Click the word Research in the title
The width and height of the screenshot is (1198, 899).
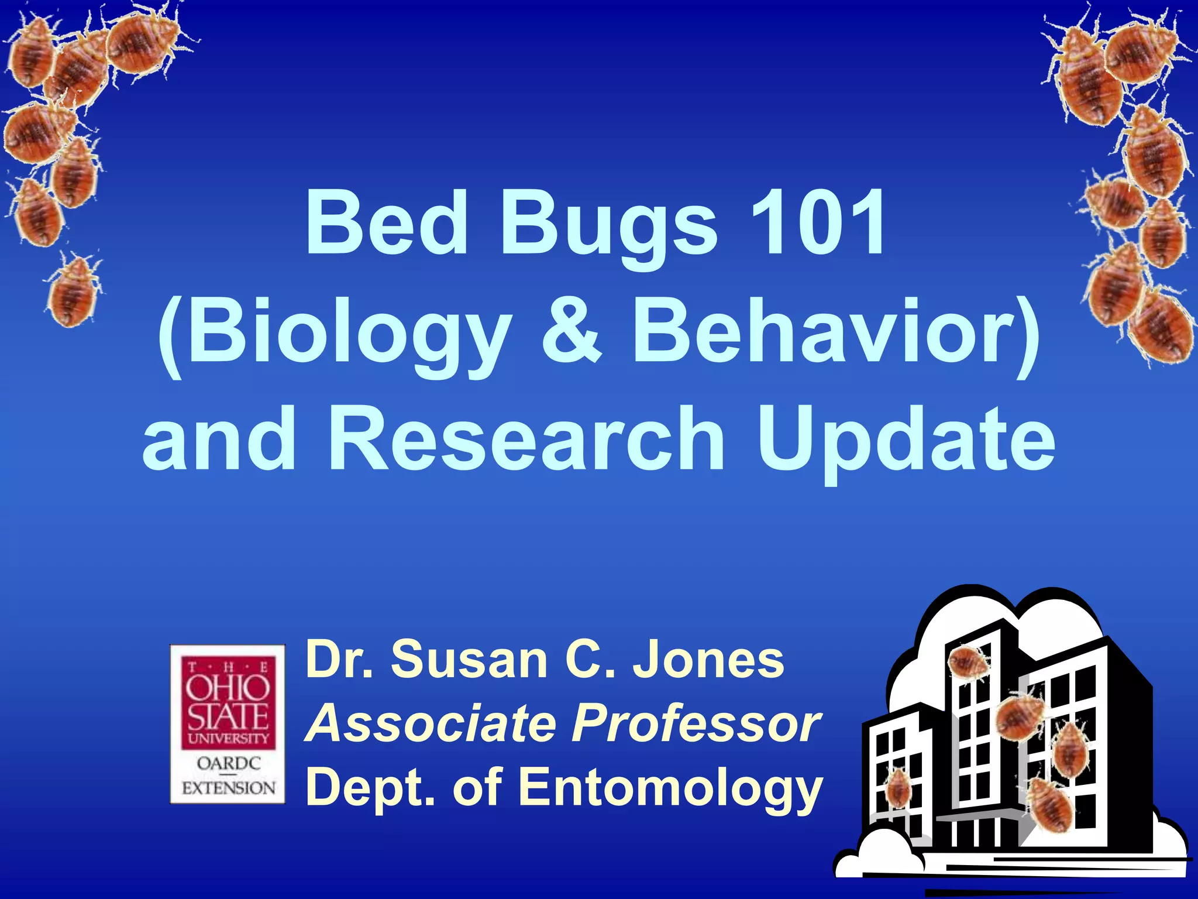point(526,439)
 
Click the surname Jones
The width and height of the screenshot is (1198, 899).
point(708,660)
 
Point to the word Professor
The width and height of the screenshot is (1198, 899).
point(696,723)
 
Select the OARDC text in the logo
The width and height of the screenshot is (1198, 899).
point(228,763)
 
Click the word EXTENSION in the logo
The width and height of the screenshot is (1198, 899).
point(228,788)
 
